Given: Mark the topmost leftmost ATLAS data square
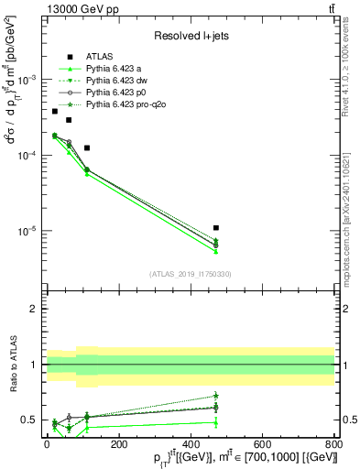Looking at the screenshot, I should click(x=55, y=111).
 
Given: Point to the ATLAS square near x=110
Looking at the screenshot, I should click(x=87, y=147).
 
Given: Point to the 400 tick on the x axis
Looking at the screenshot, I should click(x=190, y=442).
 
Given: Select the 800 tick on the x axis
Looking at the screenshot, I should click(x=333, y=442).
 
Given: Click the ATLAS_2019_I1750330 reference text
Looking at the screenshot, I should click(x=191, y=273).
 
